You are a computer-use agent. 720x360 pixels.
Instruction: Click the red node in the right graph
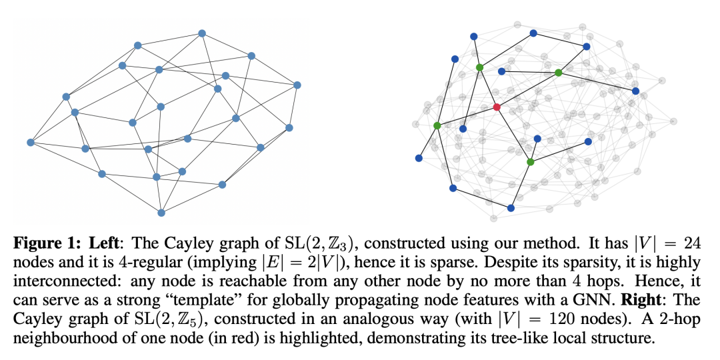[496, 107]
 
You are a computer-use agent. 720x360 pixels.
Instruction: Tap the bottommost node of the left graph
[161, 213]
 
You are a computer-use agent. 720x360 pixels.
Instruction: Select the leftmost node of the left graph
[30, 142]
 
